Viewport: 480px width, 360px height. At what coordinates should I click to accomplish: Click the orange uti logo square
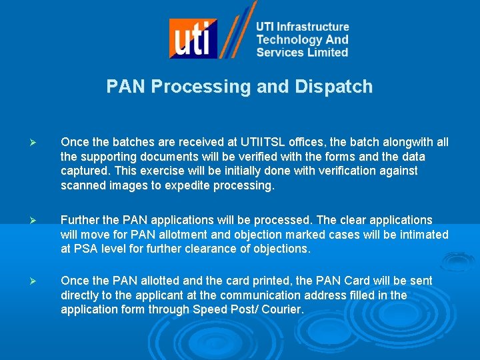tap(193, 39)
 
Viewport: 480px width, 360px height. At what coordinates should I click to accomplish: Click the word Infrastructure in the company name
tap(313, 27)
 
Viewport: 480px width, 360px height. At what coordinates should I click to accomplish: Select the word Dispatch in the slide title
tap(332, 87)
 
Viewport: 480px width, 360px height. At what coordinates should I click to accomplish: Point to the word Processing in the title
tap(219, 87)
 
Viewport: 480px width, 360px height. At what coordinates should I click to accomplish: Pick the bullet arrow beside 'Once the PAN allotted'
tap(41, 281)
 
